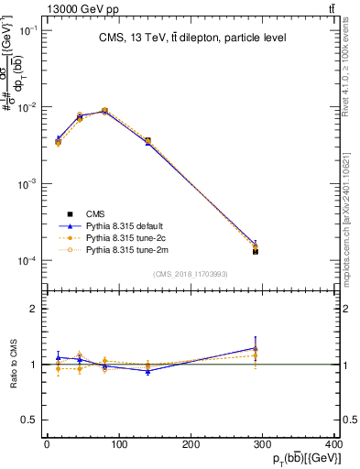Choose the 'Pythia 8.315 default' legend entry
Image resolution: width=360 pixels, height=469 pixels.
coord(125,224)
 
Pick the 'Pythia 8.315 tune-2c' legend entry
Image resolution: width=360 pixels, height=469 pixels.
coord(125,236)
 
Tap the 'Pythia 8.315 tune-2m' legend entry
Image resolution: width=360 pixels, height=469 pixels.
coord(125,248)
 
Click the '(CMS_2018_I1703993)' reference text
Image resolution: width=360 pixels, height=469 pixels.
coord(191,274)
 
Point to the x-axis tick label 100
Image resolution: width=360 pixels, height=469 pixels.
coord(118,445)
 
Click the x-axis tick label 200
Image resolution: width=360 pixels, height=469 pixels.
coord(191,445)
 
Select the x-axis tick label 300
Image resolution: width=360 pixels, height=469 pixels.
coord(265,445)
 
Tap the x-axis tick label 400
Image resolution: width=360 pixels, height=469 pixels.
coord(335,445)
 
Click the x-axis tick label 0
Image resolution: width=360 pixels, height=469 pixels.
coord(47,445)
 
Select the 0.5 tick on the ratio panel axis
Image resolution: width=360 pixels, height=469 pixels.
coord(31,420)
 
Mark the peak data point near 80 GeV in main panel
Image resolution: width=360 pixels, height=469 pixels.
coord(104,111)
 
